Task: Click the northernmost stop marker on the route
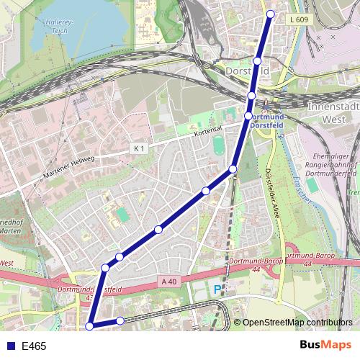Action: (271, 14)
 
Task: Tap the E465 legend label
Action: (34, 346)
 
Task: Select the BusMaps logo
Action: (326, 346)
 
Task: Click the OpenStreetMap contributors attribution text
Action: (297, 323)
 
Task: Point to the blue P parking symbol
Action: (217, 290)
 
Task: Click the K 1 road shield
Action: (139, 148)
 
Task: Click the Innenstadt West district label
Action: (333, 112)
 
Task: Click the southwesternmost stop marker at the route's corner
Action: (90, 326)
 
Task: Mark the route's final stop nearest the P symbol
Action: (120, 320)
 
